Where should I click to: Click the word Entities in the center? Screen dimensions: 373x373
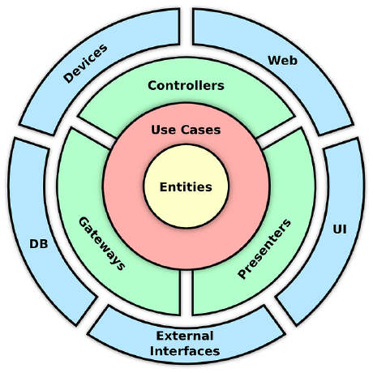(x=186, y=187)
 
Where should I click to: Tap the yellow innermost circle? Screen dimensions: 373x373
(x=186, y=186)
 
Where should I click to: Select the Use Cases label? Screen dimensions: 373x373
(x=186, y=130)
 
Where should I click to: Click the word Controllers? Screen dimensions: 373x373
(x=186, y=86)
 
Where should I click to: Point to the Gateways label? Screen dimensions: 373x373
(x=102, y=243)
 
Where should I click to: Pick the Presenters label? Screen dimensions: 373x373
(x=264, y=249)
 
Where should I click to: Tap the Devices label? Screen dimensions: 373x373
(x=85, y=63)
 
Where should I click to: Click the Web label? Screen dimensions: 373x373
(x=282, y=60)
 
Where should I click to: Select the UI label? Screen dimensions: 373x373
(x=340, y=229)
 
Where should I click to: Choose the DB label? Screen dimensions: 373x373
(x=39, y=244)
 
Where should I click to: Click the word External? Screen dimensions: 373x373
(x=185, y=336)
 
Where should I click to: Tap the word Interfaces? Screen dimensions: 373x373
(x=185, y=351)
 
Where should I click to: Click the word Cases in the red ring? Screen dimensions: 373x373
(x=201, y=130)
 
